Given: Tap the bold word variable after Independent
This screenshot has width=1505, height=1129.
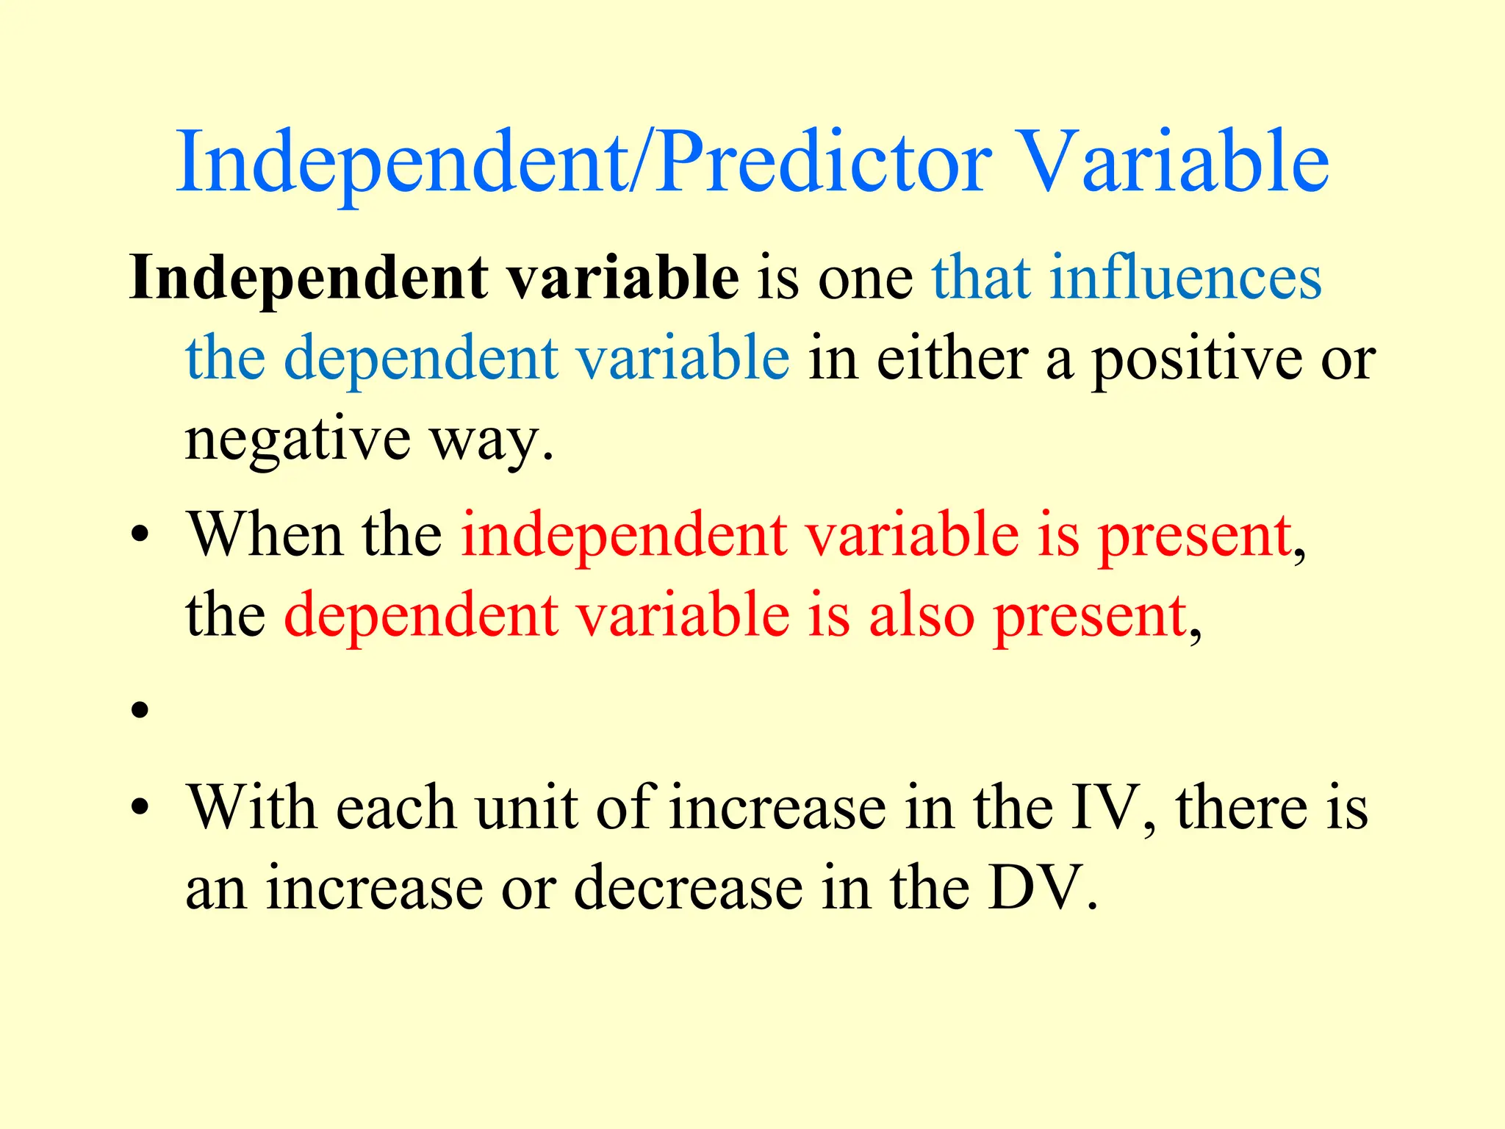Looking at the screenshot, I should pos(623,279).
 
